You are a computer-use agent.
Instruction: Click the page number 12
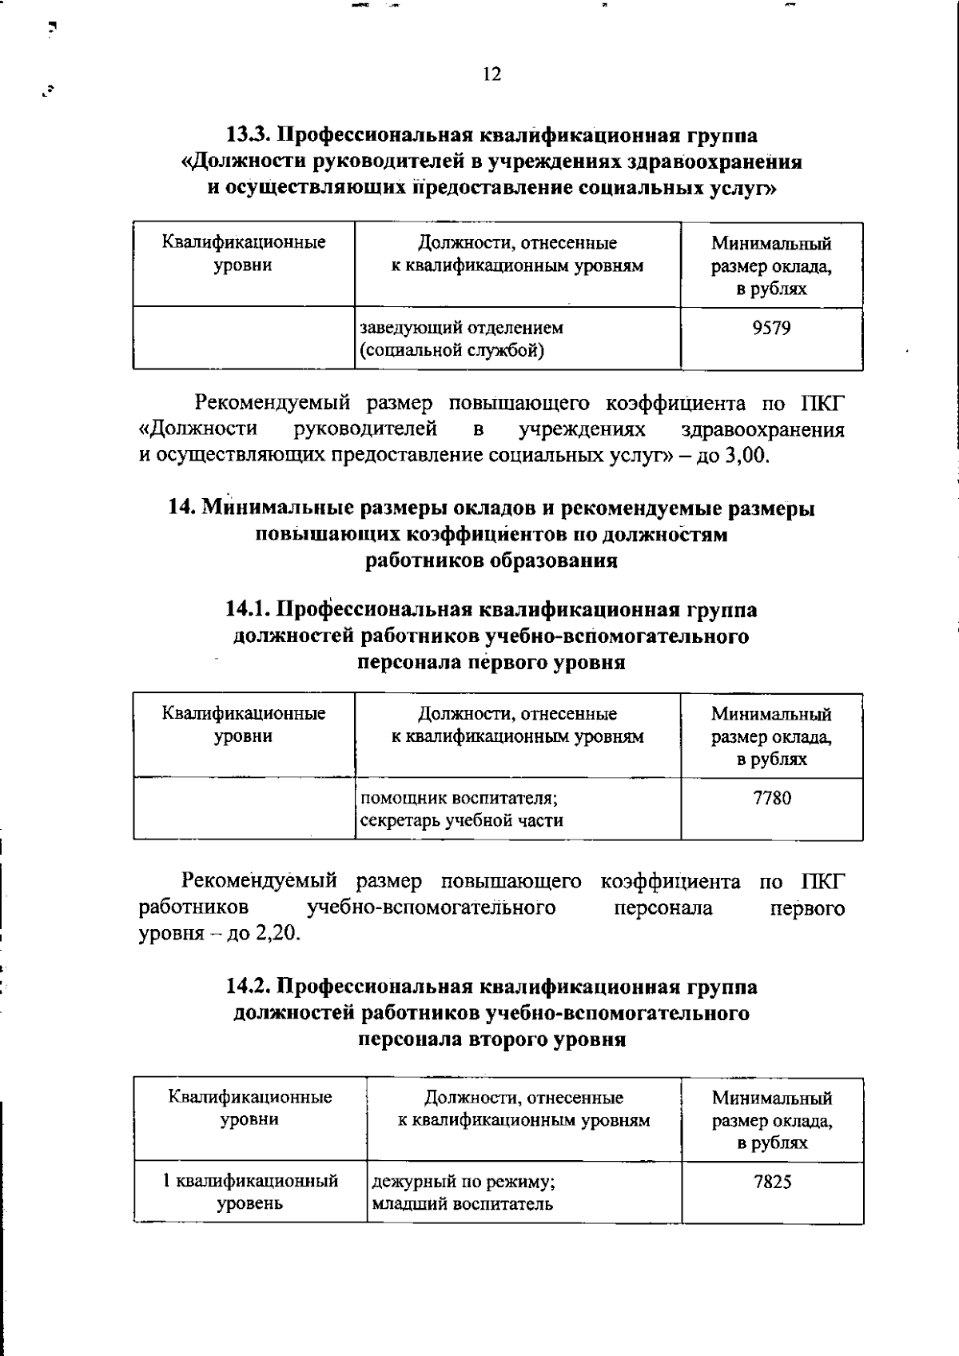tap(491, 74)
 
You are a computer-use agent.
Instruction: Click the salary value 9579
tap(772, 328)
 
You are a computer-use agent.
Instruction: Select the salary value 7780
tap(772, 798)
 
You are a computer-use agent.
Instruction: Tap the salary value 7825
tap(772, 1182)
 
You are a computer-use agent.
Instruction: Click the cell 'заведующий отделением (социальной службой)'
tap(462, 339)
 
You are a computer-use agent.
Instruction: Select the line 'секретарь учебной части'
tap(462, 820)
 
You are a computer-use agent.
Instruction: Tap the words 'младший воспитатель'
tap(463, 1204)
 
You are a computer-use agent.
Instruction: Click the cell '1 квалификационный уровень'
tap(250, 1192)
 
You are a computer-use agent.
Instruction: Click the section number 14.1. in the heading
tap(248, 610)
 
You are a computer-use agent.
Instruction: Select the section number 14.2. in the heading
tap(248, 987)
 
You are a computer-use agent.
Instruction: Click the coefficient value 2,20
tap(277, 934)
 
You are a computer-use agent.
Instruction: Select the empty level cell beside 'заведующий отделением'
tap(244, 338)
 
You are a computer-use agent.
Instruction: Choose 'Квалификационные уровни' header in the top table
tap(244, 253)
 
